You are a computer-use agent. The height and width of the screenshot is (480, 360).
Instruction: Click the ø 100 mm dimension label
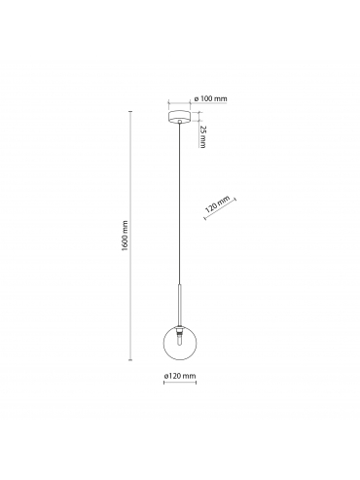tap(210, 98)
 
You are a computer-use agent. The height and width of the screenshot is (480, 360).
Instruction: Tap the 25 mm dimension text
tap(202, 136)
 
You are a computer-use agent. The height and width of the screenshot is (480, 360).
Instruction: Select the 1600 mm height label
tap(126, 236)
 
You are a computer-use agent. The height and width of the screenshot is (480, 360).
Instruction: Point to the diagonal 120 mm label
tap(217, 203)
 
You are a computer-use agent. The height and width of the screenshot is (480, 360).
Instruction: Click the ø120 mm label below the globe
tap(180, 376)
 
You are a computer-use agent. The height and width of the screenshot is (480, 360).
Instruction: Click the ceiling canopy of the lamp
tap(179, 116)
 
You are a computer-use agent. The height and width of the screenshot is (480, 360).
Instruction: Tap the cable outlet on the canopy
tap(179, 122)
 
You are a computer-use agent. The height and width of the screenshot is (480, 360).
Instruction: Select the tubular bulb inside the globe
tap(179, 340)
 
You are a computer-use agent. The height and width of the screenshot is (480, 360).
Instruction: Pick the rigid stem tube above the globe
tap(179, 305)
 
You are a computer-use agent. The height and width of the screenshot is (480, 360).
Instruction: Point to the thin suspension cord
tap(179, 203)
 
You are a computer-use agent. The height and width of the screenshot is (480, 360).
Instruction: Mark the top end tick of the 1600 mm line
tap(130, 112)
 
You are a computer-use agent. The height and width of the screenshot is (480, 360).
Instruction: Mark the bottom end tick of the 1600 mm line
tap(130, 359)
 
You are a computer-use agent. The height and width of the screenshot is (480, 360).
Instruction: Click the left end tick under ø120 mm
tap(164, 383)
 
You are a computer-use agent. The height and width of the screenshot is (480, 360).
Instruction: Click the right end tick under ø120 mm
tap(196, 383)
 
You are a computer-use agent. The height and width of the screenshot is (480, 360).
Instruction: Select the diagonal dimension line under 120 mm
tap(220, 208)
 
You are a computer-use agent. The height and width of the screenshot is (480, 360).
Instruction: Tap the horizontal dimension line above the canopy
tap(179, 103)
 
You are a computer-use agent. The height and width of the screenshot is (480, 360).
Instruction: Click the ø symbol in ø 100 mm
tap(196, 98)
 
